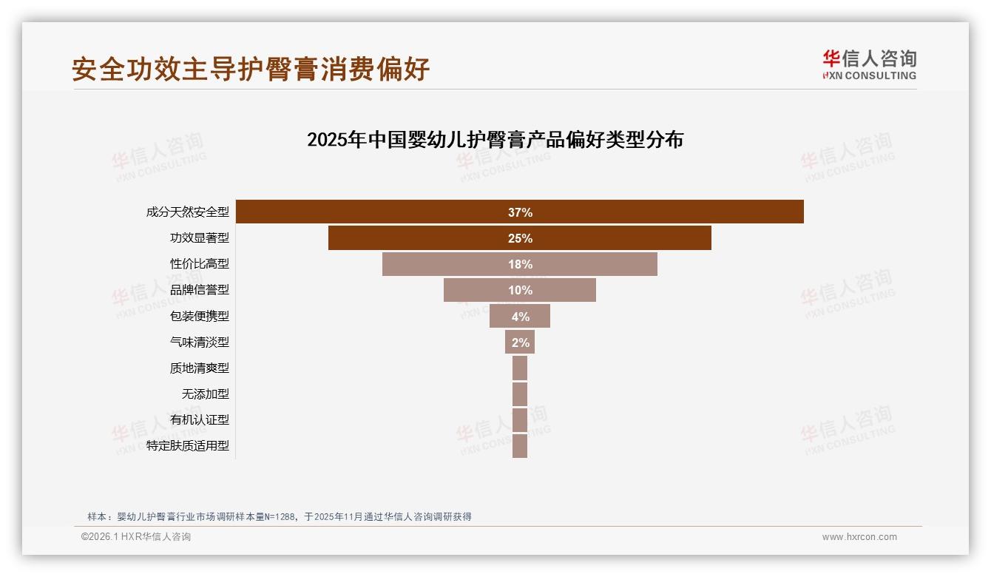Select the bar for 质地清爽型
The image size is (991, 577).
(x=520, y=368)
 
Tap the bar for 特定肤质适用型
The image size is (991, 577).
(x=520, y=445)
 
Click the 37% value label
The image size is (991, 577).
(x=520, y=212)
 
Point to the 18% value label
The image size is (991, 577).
(x=520, y=264)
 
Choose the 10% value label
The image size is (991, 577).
(x=520, y=290)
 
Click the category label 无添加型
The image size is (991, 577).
(x=206, y=394)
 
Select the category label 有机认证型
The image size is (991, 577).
(x=200, y=419)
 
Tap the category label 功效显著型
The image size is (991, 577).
(x=200, y=238)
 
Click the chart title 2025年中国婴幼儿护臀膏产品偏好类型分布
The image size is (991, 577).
(x=495, y=140)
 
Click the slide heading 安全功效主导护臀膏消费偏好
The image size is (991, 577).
(x=251, y=69)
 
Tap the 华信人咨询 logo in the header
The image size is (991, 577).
(x=869, y=64)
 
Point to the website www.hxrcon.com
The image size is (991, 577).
(x=859, y=537)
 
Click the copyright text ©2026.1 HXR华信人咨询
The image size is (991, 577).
(x=136, y=537)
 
